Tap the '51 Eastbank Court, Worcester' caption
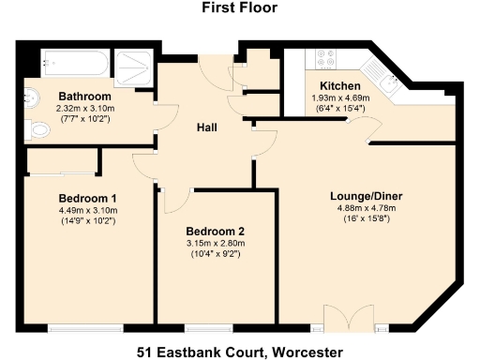point(239,352)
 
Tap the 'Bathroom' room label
point(85,97)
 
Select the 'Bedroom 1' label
point(87,198)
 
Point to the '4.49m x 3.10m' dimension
point(87,211)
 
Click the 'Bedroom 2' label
point(216,231)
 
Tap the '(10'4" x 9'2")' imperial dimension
point(216,254)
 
